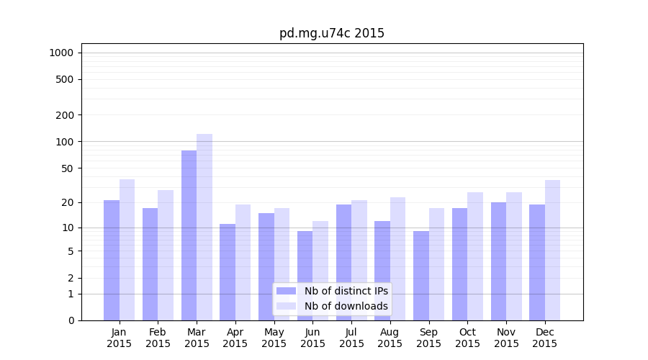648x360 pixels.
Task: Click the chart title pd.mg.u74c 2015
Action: click(332, 34)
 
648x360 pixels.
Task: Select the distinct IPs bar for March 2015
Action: click(189, 235)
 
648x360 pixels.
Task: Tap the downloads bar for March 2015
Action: click(204, 227)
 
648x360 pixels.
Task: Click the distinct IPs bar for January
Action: click(112, 260)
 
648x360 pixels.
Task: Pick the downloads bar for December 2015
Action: click(552, 250)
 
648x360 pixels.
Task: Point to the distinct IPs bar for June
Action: click(305, 276)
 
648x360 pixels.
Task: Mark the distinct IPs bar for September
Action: click(421, 276)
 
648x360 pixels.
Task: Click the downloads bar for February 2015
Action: click(166, 255)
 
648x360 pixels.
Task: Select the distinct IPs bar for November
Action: click(498, 261)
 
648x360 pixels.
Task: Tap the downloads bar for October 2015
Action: click(475, 256)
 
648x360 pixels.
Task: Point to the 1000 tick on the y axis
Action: click(61, 53)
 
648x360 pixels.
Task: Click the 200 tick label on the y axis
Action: click(65, 115)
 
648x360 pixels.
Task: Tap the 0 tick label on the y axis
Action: click(71, 320)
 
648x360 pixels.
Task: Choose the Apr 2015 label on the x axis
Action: click(235, 338)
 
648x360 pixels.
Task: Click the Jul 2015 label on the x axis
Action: click(351, 338)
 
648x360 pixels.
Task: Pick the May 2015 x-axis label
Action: click(274, 338)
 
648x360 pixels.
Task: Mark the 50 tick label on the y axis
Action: click(67, 168)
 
